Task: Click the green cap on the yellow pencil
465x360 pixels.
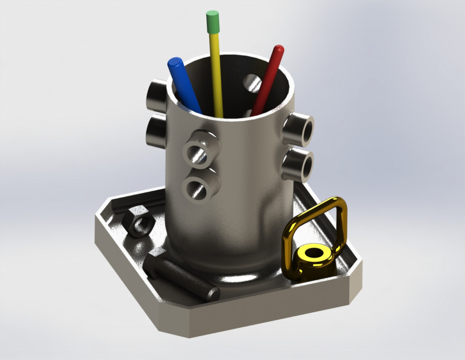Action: pyautogui.click(x=213, y=22)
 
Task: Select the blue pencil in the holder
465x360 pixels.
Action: pyautogui.click(x=184, y=84)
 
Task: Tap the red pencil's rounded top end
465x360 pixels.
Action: pyautogui.click(x=279, y=51)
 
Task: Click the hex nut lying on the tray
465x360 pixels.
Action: pyautogui.click(x=138, y=222)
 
